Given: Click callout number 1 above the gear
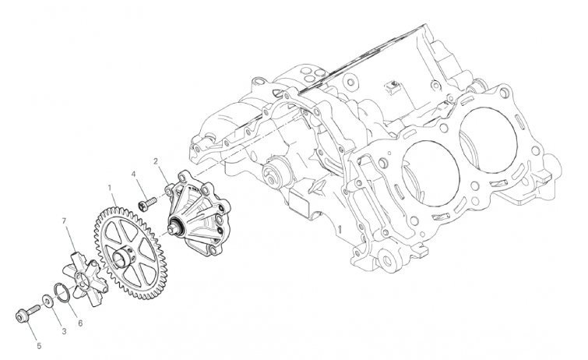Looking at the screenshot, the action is point(110,187).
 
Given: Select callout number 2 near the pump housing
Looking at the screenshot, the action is point(156,161).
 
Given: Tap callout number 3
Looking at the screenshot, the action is point(64,331).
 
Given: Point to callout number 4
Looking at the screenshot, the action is point(133,174).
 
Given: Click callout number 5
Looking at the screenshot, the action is point(39,346).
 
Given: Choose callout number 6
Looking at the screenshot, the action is point(80,323).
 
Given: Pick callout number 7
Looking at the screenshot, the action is point(64,221).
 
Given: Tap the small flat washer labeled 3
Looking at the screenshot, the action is point(48,301).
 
